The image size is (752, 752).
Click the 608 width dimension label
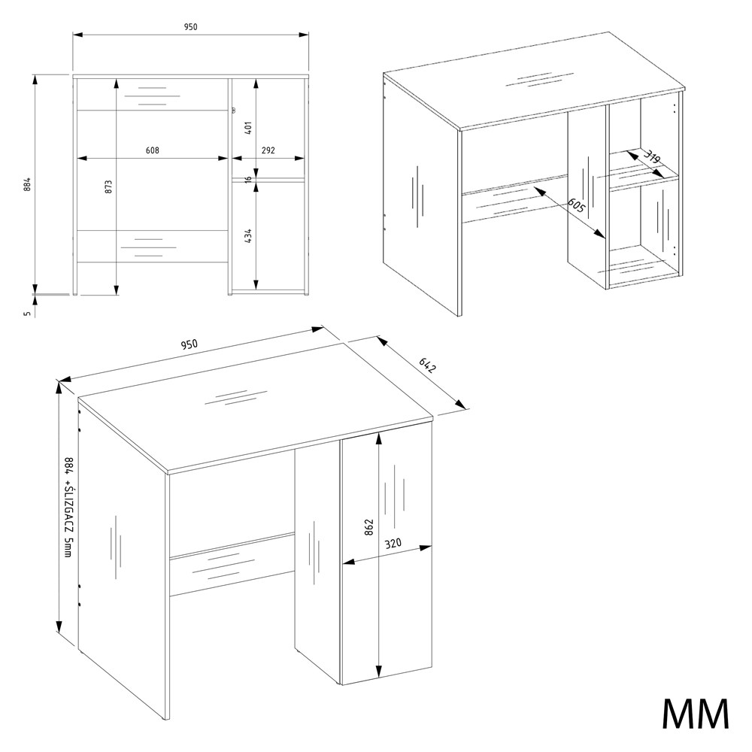click(153, 150)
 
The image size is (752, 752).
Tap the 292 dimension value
click(268, 150)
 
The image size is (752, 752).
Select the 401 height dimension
click(248, 128)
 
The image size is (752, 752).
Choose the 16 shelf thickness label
click(247, 180)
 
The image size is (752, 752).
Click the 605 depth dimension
click(576, 205)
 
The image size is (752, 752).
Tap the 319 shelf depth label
click(651, 159)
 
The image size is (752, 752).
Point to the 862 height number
click(368, 527)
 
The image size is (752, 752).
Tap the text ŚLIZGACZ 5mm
click(68, 527)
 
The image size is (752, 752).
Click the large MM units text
click(695, 714)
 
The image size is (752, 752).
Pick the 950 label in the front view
click(190, 27)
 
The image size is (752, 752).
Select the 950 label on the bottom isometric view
click(189, 344)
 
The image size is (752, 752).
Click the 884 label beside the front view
click(27, 183)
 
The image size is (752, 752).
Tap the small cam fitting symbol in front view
click(233, 111)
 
